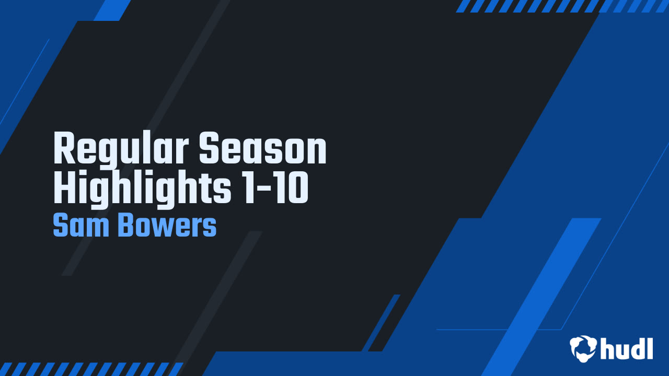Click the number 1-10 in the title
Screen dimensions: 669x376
(x=275, y=187)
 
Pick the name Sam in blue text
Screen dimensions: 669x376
(x=81, y=225)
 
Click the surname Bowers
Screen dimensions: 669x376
(x=168, y=225)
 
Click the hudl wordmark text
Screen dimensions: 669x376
(x=627, y=348)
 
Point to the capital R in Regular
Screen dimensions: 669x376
(x=64, y=147)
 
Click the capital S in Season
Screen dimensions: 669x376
(x=210, y=147)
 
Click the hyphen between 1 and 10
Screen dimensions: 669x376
(x=264, y=189)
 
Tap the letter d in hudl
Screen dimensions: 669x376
(x=636, y=348)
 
